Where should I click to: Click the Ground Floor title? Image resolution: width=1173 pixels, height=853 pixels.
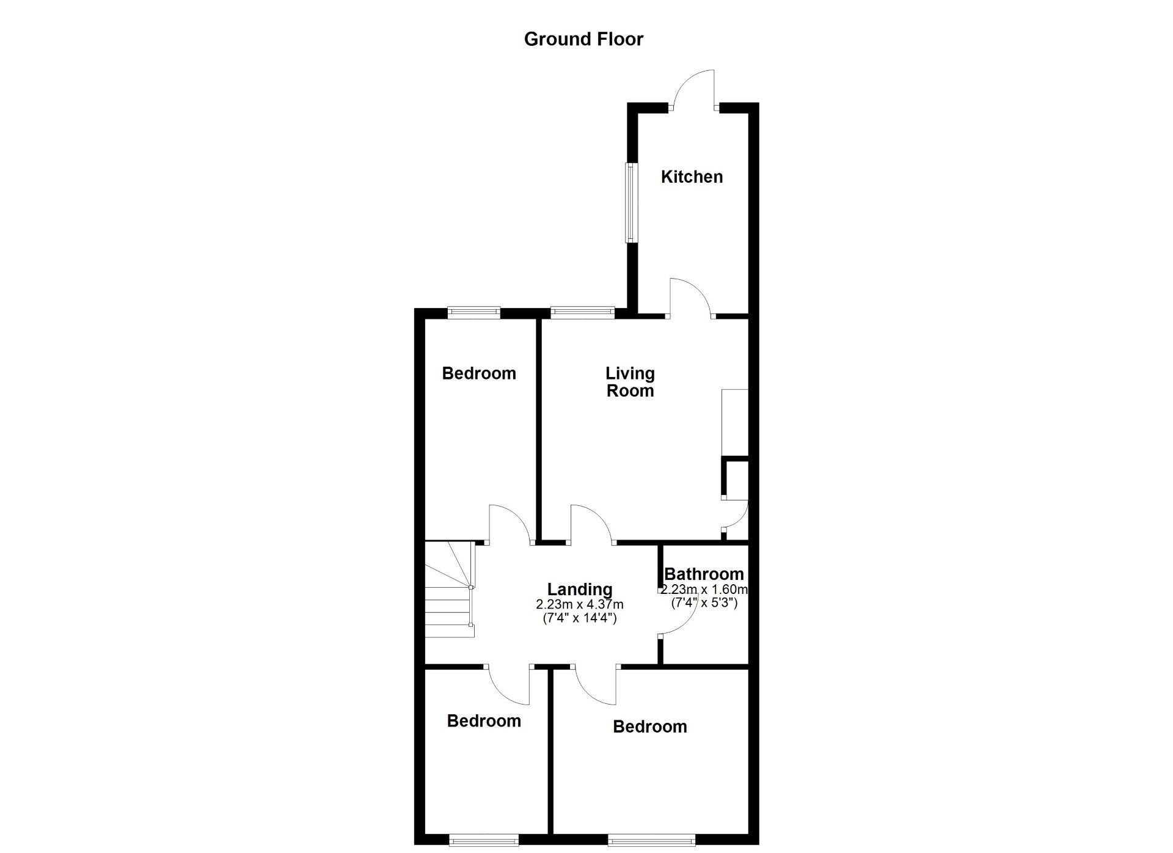point(583,39)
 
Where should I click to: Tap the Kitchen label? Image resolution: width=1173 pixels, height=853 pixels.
point(692,177)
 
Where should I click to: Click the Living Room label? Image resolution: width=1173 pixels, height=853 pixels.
point(630,382)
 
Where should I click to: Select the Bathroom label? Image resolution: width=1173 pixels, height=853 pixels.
point(704,574)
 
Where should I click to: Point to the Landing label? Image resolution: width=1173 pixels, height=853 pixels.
point(579,590)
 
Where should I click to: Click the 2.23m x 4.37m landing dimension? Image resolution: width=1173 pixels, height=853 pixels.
point(579,605)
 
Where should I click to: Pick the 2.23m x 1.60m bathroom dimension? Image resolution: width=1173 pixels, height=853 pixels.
point(704,590)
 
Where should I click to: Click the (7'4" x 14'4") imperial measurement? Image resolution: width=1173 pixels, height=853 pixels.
point(579,618)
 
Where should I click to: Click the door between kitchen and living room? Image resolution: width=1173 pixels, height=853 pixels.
point(690,299)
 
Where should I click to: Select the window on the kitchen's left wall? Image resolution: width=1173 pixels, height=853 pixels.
point(629,202)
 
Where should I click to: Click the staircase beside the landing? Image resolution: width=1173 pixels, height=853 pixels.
point(450,590)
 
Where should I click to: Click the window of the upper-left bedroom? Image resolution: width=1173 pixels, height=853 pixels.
point(473,313)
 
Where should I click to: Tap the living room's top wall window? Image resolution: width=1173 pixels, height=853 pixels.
point(582,313)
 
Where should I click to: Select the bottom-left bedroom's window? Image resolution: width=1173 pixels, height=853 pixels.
point(484,841)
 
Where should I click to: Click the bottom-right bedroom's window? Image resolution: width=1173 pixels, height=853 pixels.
point(651,841)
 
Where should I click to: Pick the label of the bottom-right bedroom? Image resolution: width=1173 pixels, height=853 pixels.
point(649,727)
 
